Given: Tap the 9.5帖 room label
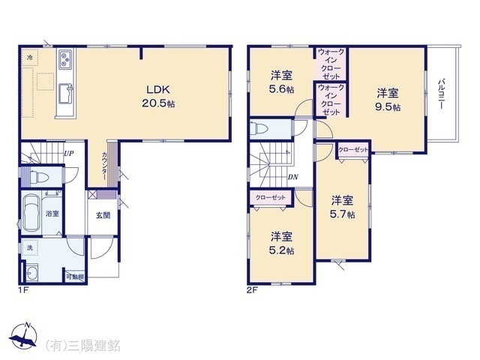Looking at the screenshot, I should coord(387,100).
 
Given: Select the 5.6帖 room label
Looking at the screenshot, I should coord(281,82).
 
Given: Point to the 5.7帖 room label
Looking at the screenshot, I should coord(342,205).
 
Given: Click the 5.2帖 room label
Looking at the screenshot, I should coord(281,242).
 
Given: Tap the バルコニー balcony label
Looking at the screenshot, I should coord(443,93).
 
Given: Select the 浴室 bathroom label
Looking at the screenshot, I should coord(52,214).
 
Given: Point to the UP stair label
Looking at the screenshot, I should coord(68,154).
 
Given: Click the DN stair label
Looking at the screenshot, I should coord(293,178).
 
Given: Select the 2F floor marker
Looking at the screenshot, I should coord(252,288).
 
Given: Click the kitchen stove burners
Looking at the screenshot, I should coord(64,57).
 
